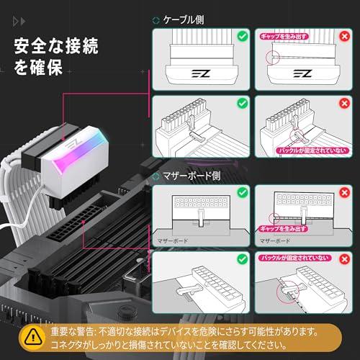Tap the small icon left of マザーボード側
tap(158, 176)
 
